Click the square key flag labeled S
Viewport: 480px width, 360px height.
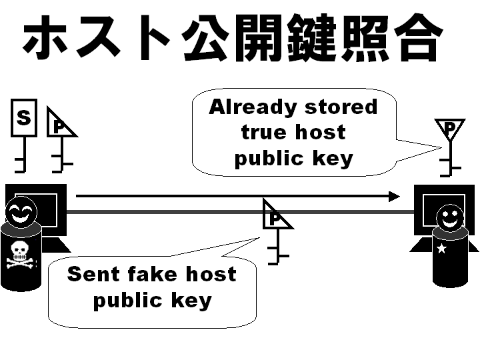tap(24, 118)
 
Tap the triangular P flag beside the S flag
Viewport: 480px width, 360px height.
tap(60, 125)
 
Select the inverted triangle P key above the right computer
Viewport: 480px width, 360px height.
tap(451, 128)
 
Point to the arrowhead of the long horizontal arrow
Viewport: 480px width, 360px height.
tap(395, 196)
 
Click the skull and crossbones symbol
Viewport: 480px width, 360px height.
tap(19, 256)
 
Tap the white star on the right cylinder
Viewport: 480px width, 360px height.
tap(441, 249)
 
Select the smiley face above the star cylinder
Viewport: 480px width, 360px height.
tap(450, 217)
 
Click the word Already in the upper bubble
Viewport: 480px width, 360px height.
tap(252, 107)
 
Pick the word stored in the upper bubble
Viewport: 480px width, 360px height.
tap(341, 107)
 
